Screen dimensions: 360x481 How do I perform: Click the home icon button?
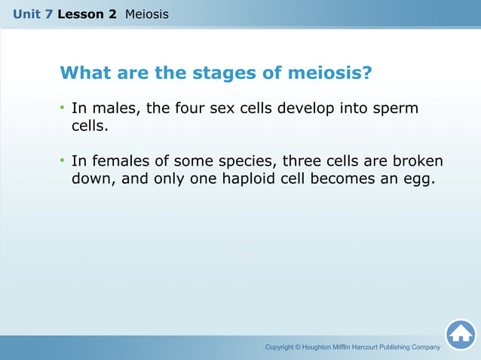460,334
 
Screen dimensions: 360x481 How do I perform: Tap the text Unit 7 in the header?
32,14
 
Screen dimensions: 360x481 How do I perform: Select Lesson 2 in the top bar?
87,14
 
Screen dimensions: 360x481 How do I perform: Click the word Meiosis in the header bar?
147,14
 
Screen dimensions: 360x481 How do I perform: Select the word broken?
416,161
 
